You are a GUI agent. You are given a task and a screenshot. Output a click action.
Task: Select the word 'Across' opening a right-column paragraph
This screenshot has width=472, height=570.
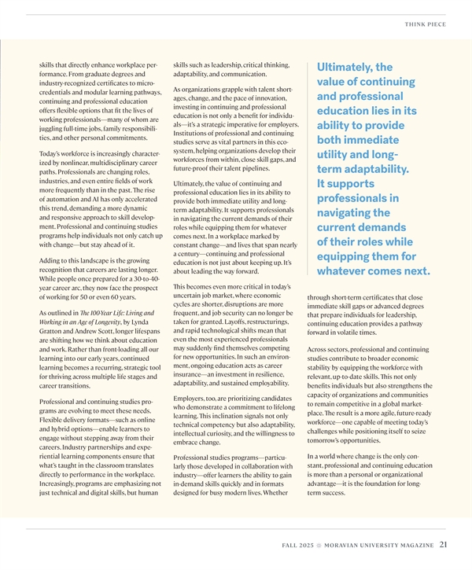pyautogui.click(x=319, y=348)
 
